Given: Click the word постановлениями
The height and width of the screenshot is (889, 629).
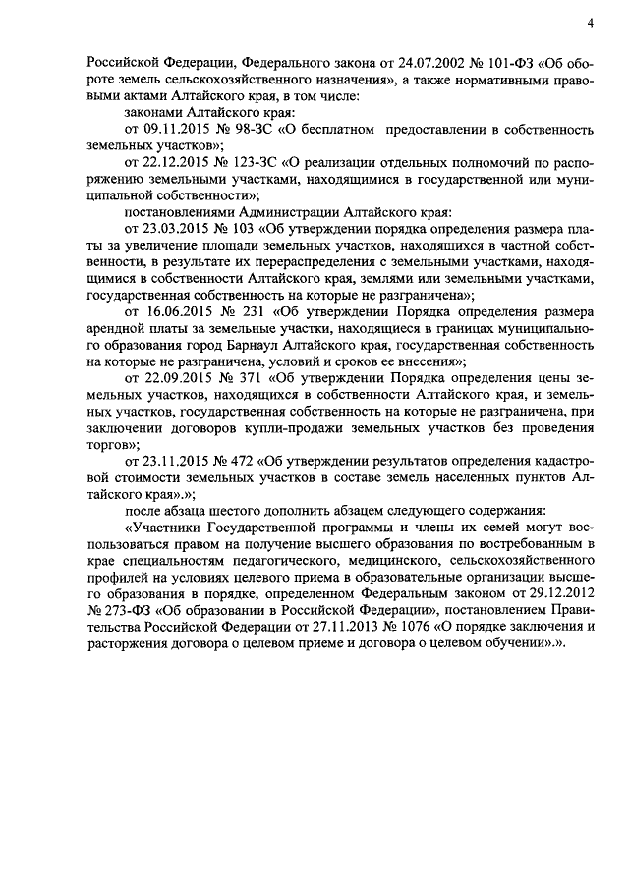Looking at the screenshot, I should coord(182,210).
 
